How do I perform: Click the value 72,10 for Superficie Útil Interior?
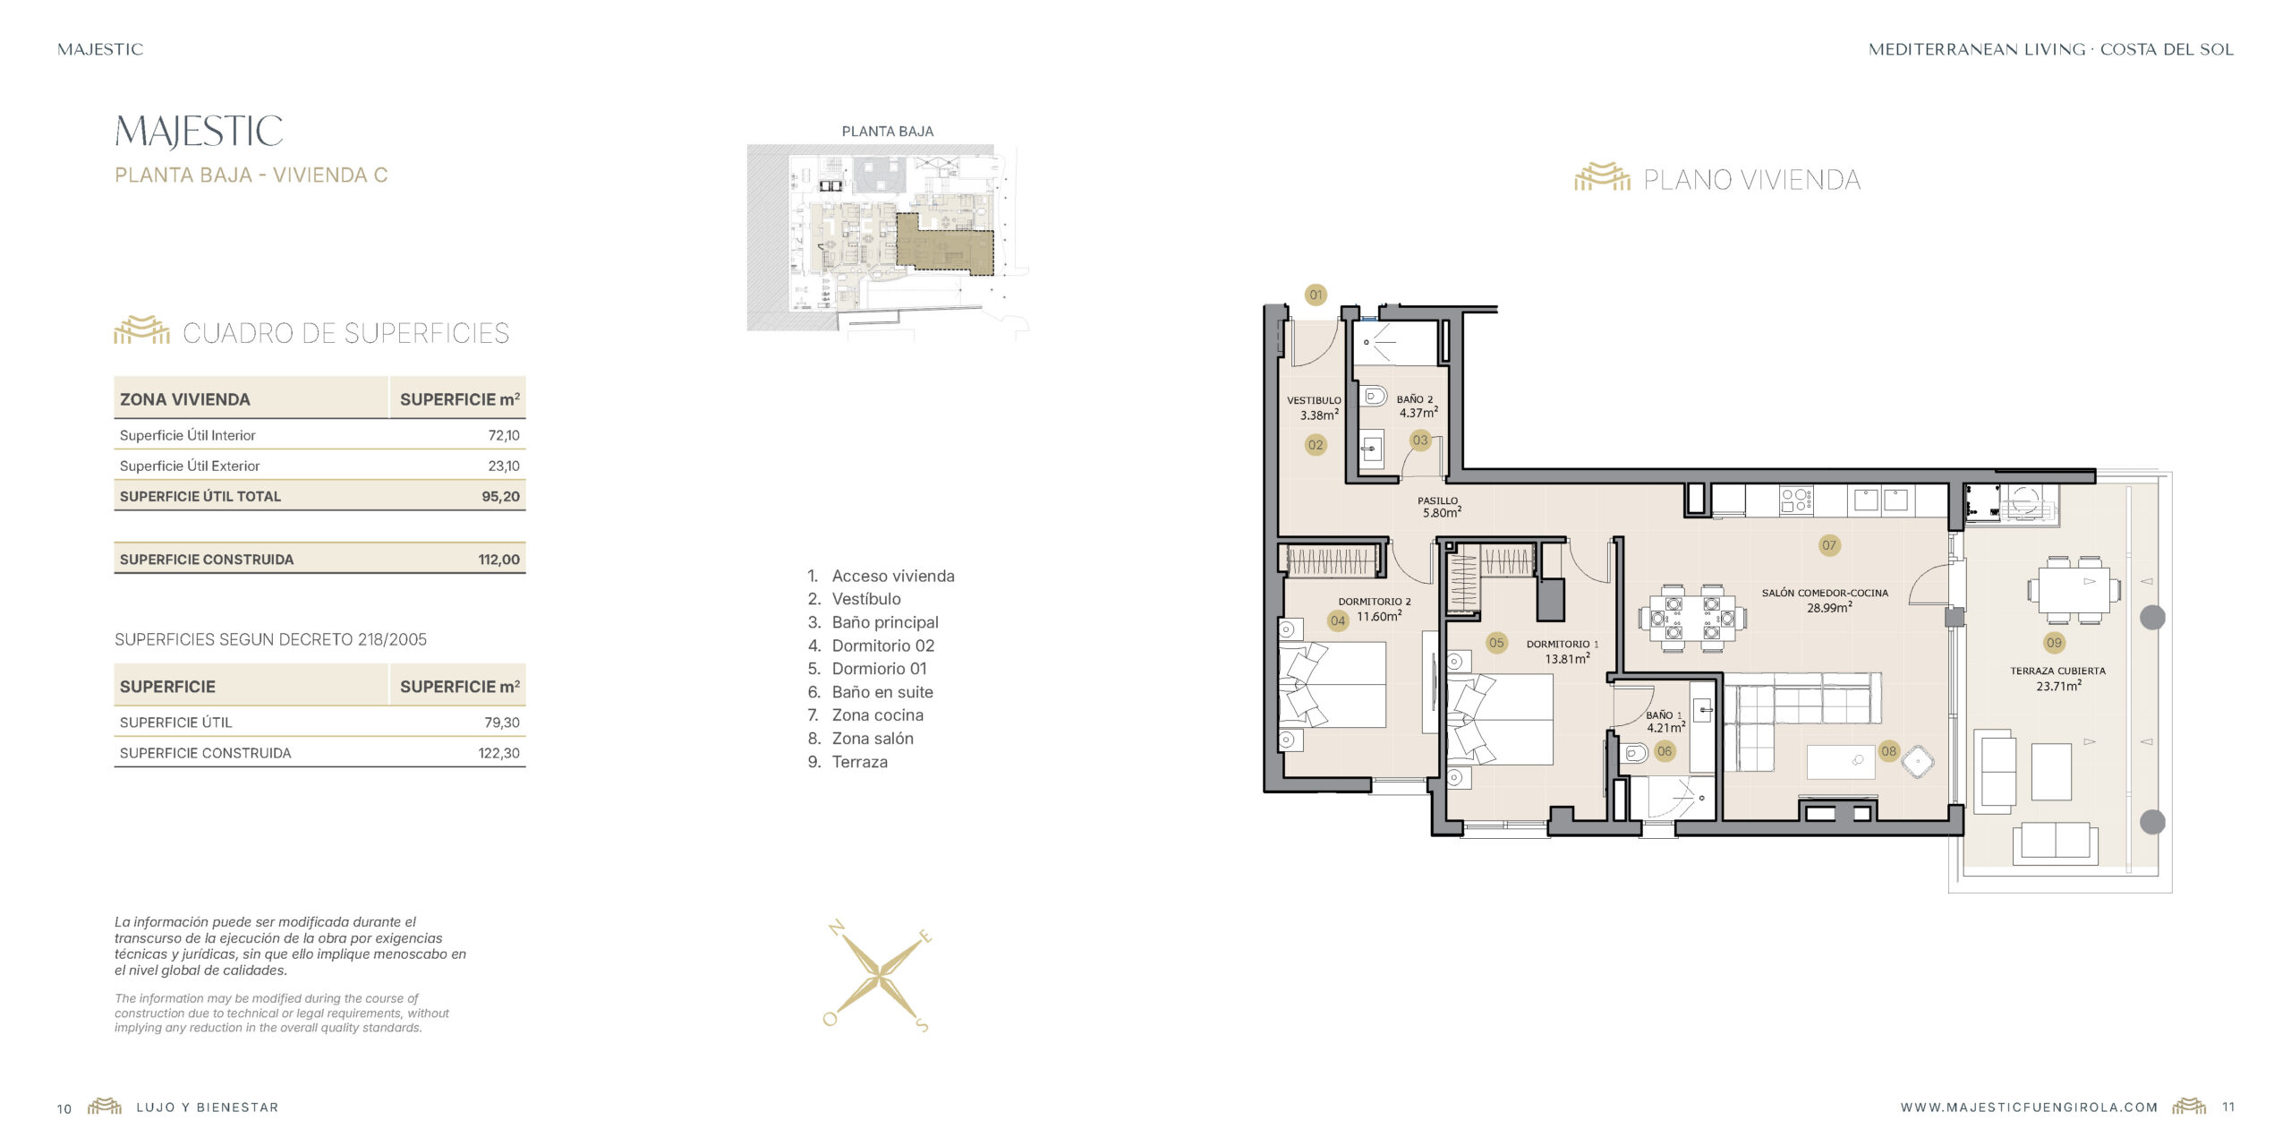point(504,435)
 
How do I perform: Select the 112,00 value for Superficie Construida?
point(498,560)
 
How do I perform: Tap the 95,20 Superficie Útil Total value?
point(500,496)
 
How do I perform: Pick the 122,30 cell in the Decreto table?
point(498,753)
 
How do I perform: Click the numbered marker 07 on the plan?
point(1829,545)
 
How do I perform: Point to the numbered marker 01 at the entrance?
point(1316,295)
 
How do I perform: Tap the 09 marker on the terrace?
point(2054,643)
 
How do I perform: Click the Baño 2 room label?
point(1415,399)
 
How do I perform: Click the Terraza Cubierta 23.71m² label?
point(2058,679)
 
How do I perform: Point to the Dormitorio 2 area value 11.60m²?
point(1379,616)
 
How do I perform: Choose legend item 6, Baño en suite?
point(870,692)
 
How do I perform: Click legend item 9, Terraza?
point(847,762)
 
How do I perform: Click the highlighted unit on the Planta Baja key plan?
point(944,243)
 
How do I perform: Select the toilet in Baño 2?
point(1375,396)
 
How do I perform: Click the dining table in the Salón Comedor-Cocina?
point(1691,618)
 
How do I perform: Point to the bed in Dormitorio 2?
point(1333,684)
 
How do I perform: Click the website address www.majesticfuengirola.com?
point(2030,1108)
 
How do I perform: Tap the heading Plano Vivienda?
point(1752,180)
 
